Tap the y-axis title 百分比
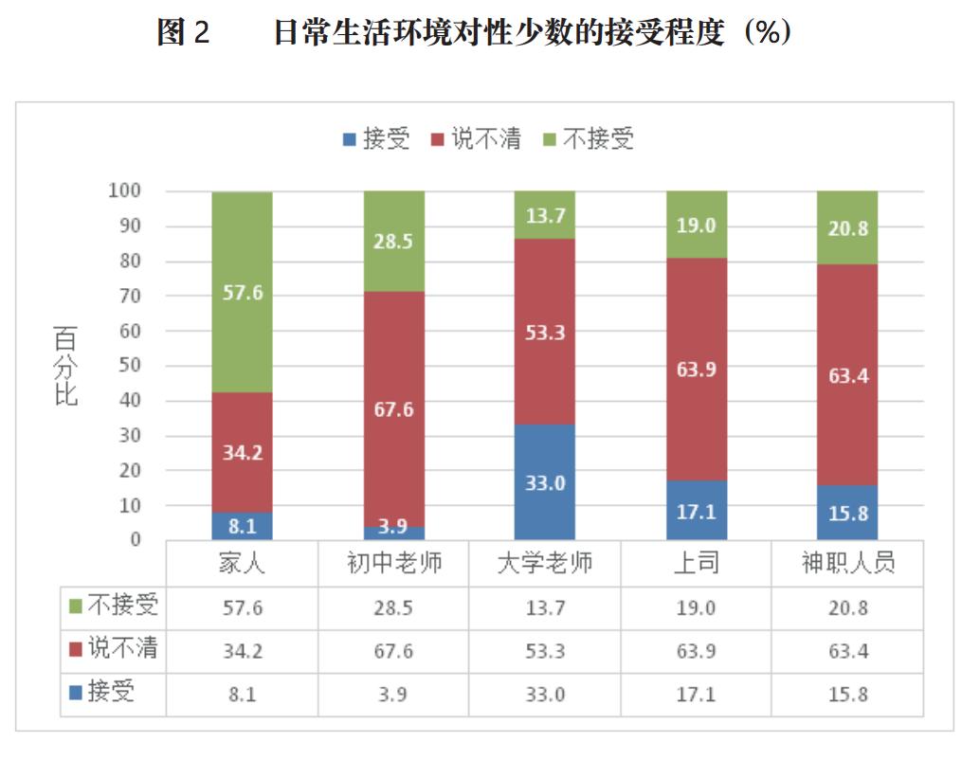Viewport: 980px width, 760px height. pos(64,366)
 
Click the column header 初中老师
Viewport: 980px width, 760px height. pos(394,564)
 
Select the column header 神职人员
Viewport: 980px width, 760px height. pos(847,564)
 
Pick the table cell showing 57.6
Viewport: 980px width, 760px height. pos(242,607)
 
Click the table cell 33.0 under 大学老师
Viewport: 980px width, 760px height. pos(545,695)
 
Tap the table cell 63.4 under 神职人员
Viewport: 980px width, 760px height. pos(847,651)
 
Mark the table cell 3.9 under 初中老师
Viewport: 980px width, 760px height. pos(394,695)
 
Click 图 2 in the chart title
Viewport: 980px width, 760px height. pos(183,32)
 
